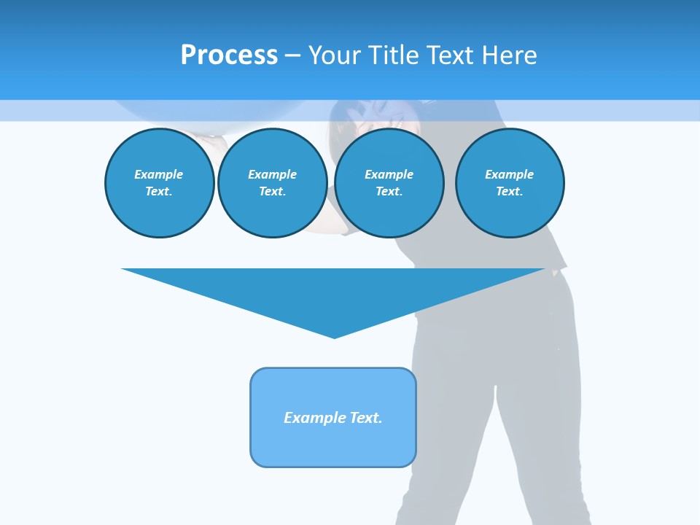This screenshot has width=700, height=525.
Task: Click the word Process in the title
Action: (229, 55)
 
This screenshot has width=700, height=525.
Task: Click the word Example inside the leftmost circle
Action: (159, 174)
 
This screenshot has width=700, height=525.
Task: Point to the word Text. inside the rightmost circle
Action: (509, 191)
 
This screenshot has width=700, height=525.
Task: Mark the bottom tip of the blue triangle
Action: (334, 336)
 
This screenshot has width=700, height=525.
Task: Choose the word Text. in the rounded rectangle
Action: (366, 418)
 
